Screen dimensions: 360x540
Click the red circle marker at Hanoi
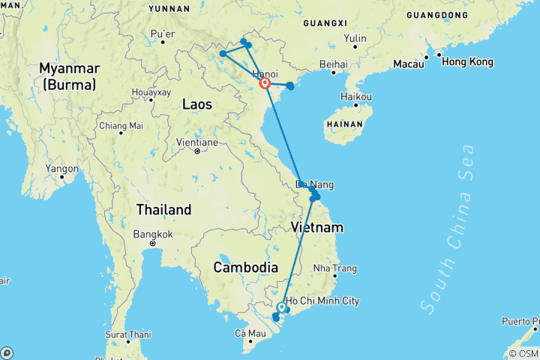click(x=265, y=83)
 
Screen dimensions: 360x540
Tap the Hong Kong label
click(x=467, y=61)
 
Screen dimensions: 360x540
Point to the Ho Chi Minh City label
click(x=322, y=301)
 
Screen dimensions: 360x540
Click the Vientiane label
click(x=196, y=142)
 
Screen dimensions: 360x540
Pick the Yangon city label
click(x=61, y=169)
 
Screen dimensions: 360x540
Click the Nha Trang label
click(x=334, y=268)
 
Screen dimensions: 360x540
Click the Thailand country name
click(x=163, y=209)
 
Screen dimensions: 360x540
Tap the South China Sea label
click(x=448, y=229)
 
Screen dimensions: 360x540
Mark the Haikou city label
click(x=356, y=97)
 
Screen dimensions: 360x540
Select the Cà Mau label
click(x=250, y=333)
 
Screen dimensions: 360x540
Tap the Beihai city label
click(x=333, y=65)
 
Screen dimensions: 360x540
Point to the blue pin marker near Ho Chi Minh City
click(x=281, y=307)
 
